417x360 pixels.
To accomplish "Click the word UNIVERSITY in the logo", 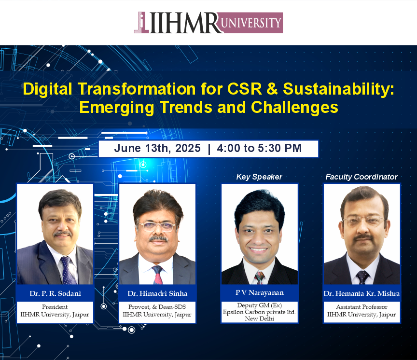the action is coord(251,23).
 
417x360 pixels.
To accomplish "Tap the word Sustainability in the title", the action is coord(338,89).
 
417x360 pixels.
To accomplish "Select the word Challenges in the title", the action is coord(294,108).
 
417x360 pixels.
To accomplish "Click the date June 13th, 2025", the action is coord(157,148).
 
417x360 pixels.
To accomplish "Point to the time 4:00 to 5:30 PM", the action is coord(259,148).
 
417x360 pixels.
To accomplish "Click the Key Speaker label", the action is coord(259,177).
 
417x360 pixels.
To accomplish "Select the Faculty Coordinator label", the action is coord(361,177).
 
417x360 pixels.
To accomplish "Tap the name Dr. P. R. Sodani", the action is coord(56,293).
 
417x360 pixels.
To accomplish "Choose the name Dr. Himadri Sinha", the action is coord(157,293).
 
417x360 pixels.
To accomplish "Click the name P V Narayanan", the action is coord(260,292).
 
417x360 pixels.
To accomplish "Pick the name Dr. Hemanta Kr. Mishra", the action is coord(361,293).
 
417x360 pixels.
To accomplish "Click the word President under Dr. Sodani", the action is coord(55,307).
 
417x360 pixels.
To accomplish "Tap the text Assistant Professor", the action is coord(361,307).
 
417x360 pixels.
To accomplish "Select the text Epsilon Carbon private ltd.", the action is coord(259,312).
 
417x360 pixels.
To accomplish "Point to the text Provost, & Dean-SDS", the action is coord(157,307).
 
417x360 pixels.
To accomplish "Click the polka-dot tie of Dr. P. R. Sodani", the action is coord(67,270).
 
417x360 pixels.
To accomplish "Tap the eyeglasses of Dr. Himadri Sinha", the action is coord(157,227).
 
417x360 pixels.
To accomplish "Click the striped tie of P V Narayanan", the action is coord(260,277).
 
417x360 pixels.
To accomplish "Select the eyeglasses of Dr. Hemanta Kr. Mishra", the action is coord(363,221).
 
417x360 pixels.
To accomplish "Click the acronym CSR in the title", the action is coord(245,89).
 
